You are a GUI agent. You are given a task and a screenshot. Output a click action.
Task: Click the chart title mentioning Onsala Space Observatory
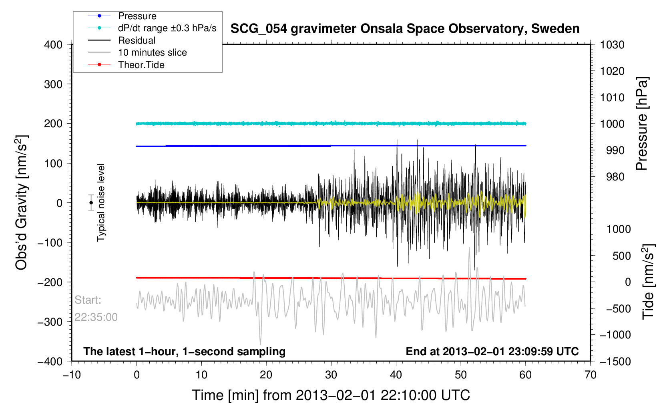tap(405, 29)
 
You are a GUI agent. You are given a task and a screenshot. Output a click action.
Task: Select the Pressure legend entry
tap(137, 16)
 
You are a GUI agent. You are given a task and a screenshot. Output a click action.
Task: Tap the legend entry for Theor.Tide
tap(141, 65)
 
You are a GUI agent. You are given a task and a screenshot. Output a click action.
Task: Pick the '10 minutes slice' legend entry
tap(152, 52)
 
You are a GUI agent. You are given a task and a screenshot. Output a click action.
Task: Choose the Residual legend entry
tap(137, 40)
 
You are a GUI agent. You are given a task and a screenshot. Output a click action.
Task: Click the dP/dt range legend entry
tap(167, 28)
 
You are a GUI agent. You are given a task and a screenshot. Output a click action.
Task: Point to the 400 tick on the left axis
tap(53, 45)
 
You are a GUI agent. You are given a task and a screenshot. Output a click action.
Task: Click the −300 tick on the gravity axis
tap(50, 322)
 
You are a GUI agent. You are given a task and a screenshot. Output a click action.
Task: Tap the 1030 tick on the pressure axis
tap(612, 45)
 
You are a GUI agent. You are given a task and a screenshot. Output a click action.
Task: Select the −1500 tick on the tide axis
tap(615, 361)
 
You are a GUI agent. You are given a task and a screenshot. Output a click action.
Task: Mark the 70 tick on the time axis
tap(590, 375)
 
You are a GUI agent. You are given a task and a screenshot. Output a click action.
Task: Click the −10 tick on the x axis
tap(72, 375)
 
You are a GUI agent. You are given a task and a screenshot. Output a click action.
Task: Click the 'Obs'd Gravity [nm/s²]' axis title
tap(21, 202)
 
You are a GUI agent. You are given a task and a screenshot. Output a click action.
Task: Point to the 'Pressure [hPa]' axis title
tap(642, 124)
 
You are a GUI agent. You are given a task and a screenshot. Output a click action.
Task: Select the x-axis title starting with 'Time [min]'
tap(331, 395)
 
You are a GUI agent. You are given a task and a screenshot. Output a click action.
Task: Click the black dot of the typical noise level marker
tap(91, 203)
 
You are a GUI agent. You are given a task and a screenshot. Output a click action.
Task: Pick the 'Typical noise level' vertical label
tap(101, 202)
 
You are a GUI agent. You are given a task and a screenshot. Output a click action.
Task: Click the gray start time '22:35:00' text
tap(96, 317)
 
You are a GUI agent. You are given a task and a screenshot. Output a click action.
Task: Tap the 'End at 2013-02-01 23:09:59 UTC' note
tap(492, 352)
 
